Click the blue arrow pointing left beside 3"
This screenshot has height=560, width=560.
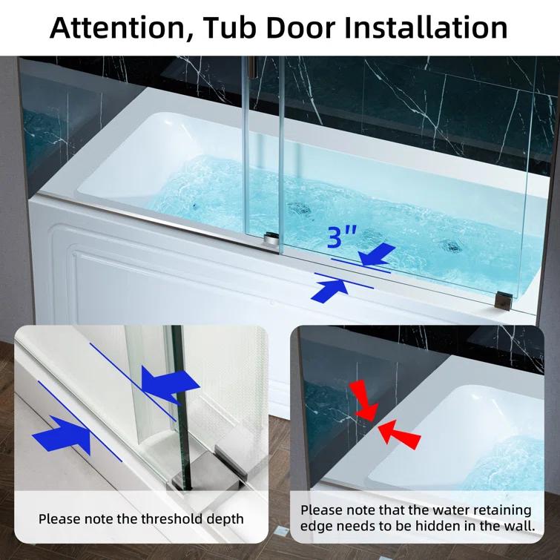pyautogui.click(x=377, y=256)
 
